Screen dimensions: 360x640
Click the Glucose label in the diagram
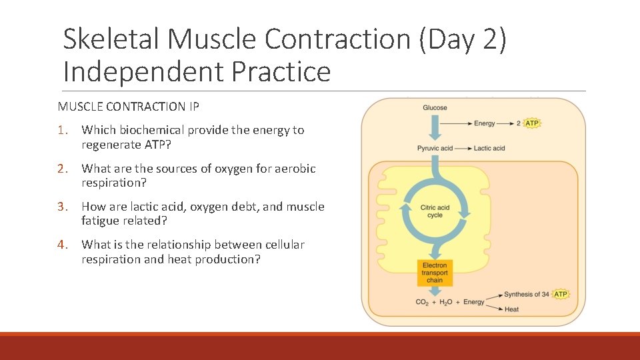(435, 108)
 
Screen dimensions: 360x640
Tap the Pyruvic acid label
(435, 148)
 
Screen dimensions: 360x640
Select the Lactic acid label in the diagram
(489, 148)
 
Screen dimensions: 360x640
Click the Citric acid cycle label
(435, 211)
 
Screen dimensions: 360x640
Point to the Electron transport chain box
(435, 273)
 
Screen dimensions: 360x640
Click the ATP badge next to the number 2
(532, 123)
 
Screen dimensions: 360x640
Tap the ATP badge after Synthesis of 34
(561, 294)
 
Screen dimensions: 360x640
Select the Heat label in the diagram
(511, 309)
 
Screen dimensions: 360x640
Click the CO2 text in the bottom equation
(422, 303)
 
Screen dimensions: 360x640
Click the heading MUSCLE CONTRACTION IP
(128, 106)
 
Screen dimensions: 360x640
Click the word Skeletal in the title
(111, 39)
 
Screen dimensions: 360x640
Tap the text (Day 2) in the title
(463, 39)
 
